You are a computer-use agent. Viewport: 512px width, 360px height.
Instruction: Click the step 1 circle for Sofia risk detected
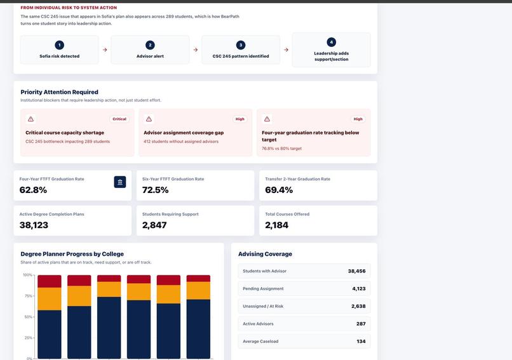pos(60,45)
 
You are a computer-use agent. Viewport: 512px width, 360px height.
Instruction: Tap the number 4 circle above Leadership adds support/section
pos(331,42)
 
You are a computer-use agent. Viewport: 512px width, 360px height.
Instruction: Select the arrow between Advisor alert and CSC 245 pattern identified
pos(195,50)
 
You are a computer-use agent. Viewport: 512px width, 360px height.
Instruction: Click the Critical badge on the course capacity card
pos(119,119)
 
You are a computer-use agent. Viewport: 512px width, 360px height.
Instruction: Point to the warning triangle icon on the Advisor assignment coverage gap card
pos(149,119)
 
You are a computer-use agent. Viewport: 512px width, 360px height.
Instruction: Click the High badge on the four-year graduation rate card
pos(358,119)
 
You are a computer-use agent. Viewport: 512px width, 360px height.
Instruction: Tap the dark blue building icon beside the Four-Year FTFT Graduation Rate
pos(120,182)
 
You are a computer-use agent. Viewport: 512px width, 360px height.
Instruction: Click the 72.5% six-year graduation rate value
pos(156,190)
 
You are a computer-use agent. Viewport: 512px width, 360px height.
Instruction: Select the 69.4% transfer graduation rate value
pos(279,190)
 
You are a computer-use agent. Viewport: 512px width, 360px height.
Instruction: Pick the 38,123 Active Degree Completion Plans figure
pos(34,225)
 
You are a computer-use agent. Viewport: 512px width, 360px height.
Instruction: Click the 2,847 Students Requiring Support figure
pos(154,225)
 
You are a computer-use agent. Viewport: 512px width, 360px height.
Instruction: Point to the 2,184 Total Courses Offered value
pos(276,225)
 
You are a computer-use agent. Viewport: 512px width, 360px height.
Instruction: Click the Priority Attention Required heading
pos(60,92)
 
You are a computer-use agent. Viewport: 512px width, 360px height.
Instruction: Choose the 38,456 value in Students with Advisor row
pos(356,271)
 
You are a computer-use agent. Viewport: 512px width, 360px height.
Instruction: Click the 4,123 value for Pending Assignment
pos(359,289)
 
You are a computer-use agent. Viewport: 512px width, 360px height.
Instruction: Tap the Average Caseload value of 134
pos(361,342)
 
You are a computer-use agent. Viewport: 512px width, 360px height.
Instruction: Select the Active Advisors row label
pos(258,324)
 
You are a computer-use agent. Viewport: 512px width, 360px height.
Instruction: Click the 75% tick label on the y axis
pos(29,296)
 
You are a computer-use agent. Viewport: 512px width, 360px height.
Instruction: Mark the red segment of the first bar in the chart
pos(50,281)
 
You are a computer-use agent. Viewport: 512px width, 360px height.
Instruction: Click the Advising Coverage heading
pos(265,254)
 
